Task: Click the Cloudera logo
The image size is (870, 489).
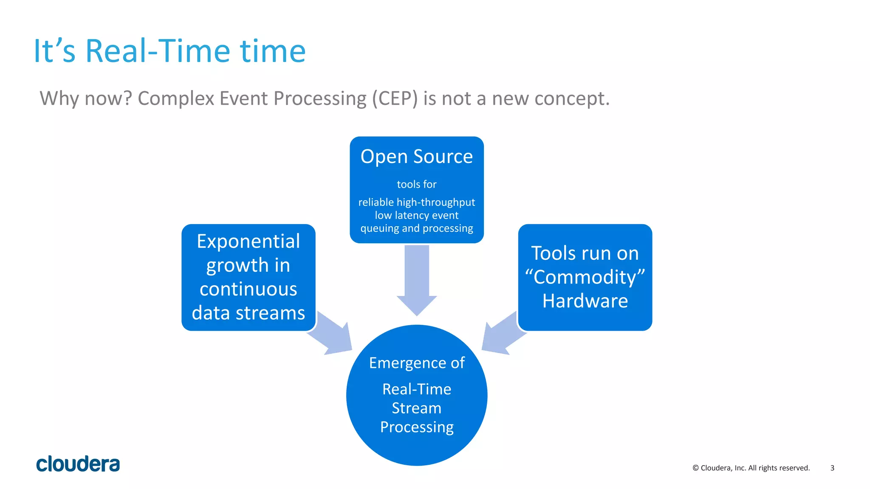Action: (x=78, y=464)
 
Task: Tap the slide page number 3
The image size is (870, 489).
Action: (x=832, y=468)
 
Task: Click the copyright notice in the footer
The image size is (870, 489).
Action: (x=751, y=468)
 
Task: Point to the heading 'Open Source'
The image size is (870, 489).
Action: (x=416, y=157)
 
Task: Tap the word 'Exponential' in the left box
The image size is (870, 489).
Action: (x=248, y=242)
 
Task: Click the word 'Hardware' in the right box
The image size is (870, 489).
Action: (x=585, y=301)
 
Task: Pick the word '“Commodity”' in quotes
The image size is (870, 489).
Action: (x=585, y=277)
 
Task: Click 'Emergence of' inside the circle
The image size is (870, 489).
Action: (x=417, y=363)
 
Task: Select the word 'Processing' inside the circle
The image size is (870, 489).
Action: (x=417, y=427)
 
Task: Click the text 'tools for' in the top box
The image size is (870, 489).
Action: (x=416, y=184)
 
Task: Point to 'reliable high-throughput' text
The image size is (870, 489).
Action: (x=416, y=202)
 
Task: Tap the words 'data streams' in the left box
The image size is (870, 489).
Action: (x=248, y=313)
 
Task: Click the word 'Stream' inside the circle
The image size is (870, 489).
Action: (x=417, y=408)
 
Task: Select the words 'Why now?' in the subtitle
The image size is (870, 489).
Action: (x=86, y=98)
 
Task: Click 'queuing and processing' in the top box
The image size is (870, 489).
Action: (x=416, y=228)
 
